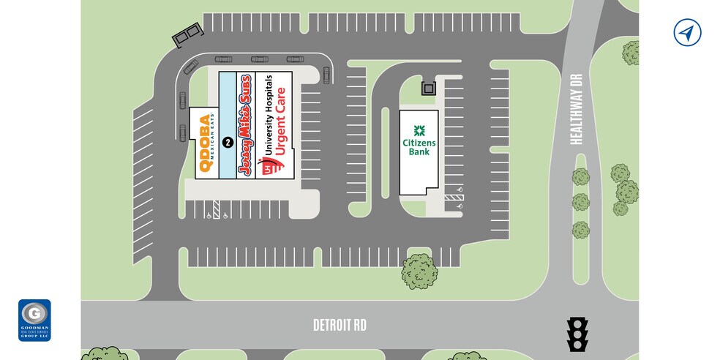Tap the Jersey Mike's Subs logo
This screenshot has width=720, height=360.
point(246,124)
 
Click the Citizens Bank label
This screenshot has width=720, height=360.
point(419,140)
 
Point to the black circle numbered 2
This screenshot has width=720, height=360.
point(228,142)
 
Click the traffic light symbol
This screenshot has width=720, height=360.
point(578,334)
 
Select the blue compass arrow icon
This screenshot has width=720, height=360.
point(686,33)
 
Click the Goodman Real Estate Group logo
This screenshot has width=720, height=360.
point(34,320)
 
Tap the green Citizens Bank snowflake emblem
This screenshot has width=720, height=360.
point(419,130)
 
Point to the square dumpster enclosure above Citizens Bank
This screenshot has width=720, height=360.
point(428,89)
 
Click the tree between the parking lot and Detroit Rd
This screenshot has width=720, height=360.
point(419,271)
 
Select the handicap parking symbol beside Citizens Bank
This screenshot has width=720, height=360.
point(460,207)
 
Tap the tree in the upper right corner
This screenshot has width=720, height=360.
point(631,53)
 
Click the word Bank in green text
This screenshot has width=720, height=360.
point(419,151)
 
